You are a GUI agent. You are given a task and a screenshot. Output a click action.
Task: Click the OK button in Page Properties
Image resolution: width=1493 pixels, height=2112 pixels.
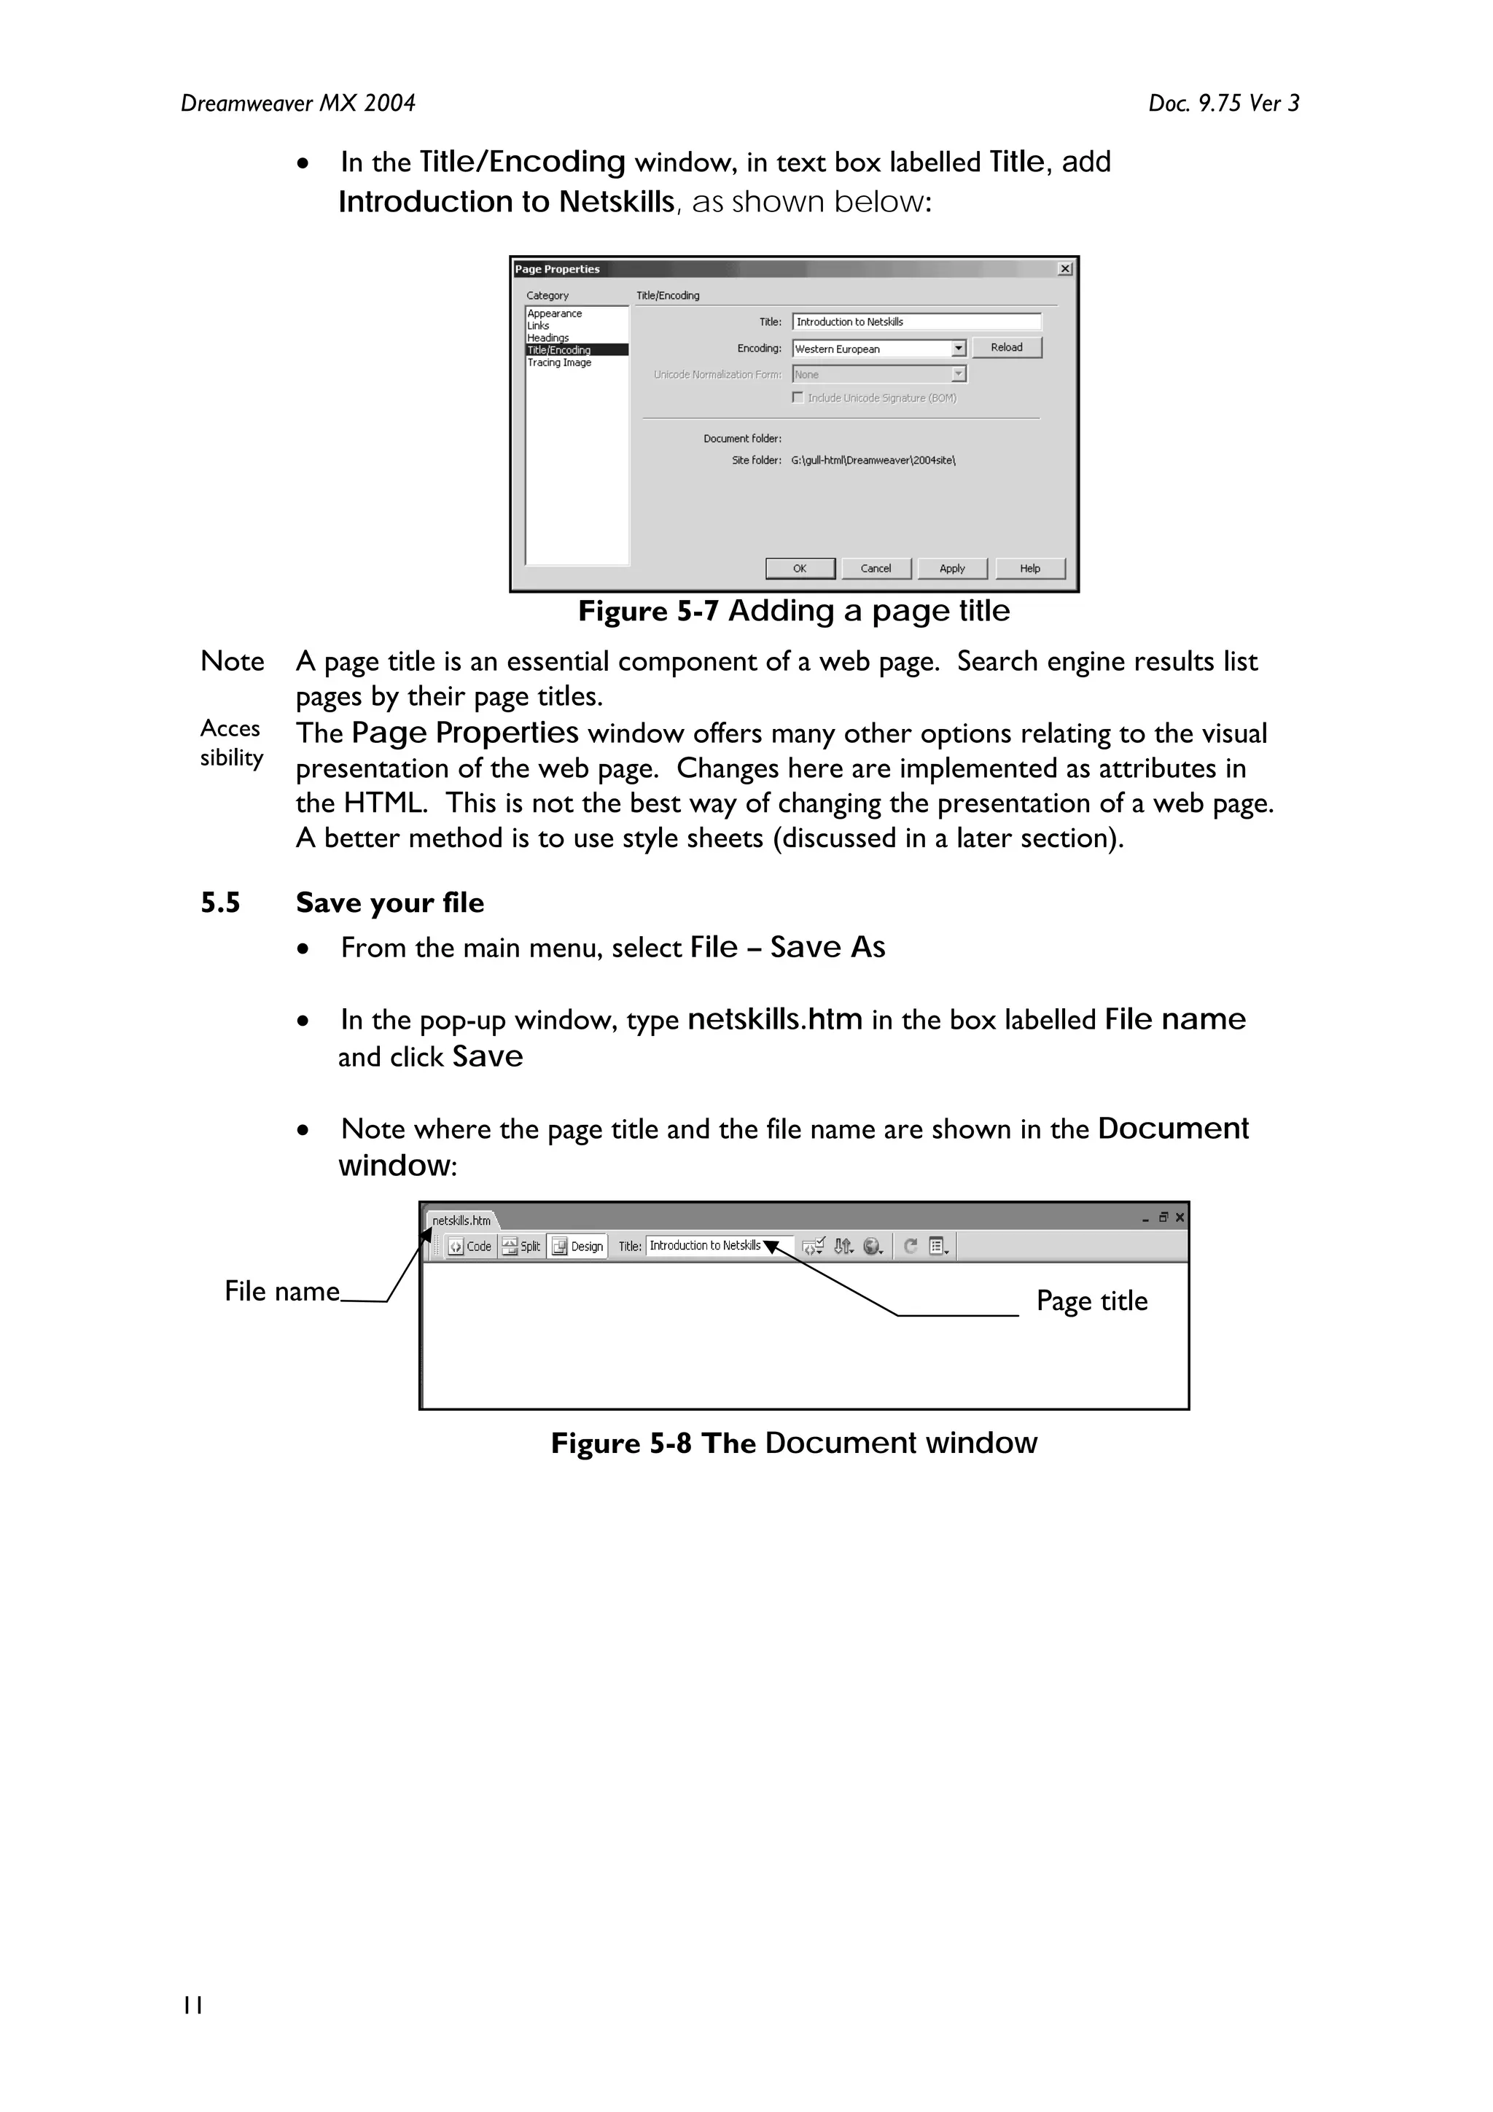click(x=800, y=569)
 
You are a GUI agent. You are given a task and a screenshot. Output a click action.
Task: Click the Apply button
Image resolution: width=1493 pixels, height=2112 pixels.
click(x=951, y=569)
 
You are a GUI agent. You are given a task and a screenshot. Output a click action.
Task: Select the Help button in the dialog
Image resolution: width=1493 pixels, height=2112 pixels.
click(x=1029, y=569)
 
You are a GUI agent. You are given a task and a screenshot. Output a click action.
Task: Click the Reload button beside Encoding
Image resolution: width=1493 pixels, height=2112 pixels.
click(x=1006, y=348)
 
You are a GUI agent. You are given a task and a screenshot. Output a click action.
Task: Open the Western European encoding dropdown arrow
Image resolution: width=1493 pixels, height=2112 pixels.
click(x=958, y=348)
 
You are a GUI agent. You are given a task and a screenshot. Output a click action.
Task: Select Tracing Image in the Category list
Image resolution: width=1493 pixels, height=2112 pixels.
click(x=559, y=362)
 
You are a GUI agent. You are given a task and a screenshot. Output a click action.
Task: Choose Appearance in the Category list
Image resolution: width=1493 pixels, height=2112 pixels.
click(x=555, y=313)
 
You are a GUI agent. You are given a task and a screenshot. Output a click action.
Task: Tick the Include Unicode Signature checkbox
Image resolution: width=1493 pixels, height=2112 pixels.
click(x=798, y=397)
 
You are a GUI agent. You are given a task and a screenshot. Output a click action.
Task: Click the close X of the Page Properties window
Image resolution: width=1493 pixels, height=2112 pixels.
click(x=1064, y=268)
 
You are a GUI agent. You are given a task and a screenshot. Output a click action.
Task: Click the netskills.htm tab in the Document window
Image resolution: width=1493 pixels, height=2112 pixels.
click(x=461, y=1220)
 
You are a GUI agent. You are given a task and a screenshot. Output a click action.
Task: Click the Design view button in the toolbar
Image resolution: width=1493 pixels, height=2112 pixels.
click(x=577, y=1247)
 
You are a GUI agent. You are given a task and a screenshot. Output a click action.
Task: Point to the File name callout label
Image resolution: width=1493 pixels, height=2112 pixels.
click(x=281, y=1292)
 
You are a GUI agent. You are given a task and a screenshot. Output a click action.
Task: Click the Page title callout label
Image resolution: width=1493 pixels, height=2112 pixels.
click(x=1091, y=1301)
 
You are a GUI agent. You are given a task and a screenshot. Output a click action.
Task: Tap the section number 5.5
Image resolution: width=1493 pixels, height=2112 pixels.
click(x=220, y=903)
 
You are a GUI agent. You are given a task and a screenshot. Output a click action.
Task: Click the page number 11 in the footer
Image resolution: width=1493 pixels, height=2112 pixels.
click(x=192, y=2006)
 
